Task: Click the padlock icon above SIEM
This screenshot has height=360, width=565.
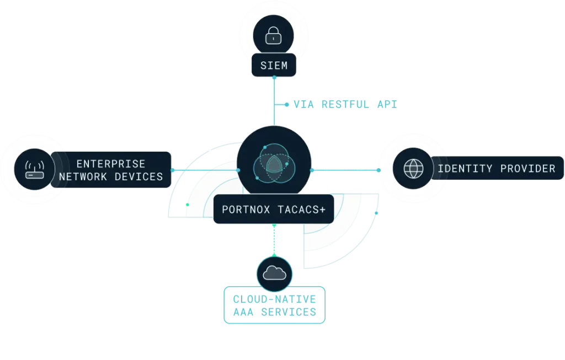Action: click(x=273, y=37)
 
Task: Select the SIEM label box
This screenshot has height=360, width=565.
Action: click(x=274, y=66)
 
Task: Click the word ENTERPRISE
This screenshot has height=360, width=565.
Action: click(x=111, y=164)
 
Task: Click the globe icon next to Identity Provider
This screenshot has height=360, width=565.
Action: click(x=412, y=169)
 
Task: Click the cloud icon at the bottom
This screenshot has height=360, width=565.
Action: click(x=274, y=273)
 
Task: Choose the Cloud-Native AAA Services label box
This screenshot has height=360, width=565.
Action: click(x=274, y=305)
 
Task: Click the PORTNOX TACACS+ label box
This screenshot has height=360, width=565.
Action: click(x=273, y=209)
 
